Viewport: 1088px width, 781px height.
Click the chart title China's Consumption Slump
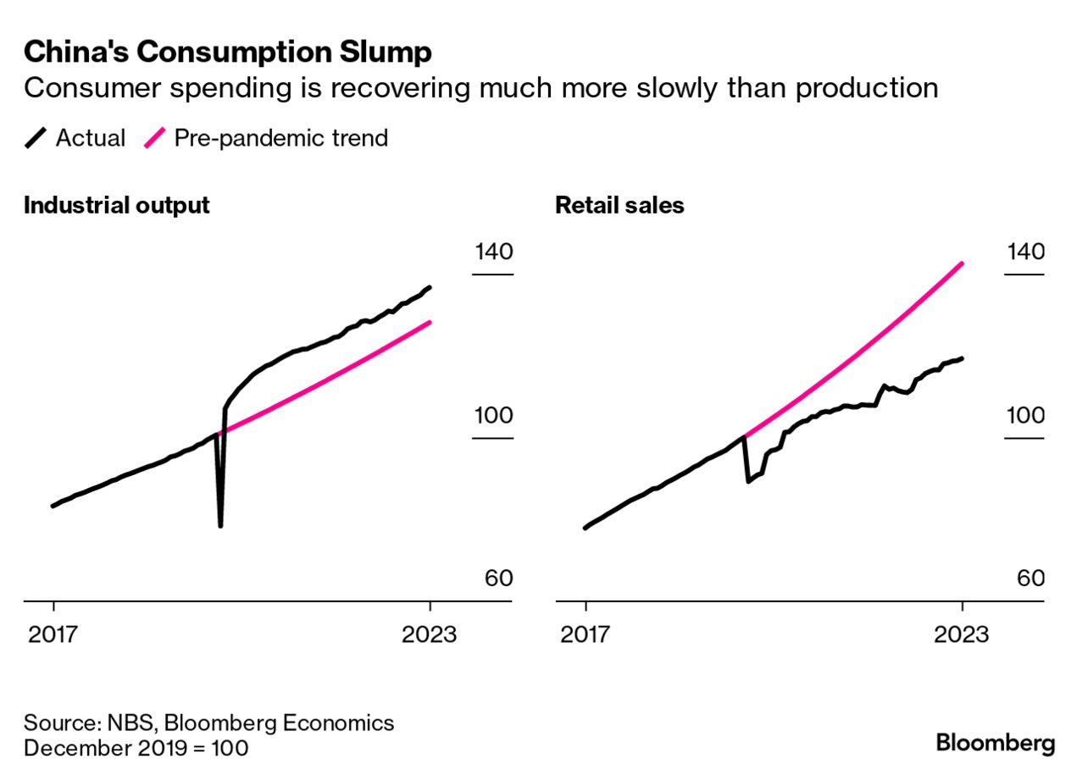(227, 53)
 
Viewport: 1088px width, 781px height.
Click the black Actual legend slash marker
(36, 138)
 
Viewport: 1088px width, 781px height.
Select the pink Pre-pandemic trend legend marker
(154, 138)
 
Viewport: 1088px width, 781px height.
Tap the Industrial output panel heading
(116, 206)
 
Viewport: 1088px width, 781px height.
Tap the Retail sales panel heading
(619, 206)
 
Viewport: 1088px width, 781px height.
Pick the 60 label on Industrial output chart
(498, 579)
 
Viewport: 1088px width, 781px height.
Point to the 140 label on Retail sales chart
(1024, 252)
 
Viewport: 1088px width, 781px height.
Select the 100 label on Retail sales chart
(1024, 416)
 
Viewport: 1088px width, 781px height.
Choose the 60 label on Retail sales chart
(1030, 579)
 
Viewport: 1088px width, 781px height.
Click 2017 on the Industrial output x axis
(54, 634)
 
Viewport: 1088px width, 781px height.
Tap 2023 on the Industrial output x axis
(430, 634)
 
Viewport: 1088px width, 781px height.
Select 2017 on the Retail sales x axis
(586, 634)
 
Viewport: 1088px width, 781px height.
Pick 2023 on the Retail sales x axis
(962, 634)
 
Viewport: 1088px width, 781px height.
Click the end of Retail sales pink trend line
(962, 263)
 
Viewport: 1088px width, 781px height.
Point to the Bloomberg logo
(996, 744)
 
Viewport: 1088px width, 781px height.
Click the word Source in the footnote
(62, 723)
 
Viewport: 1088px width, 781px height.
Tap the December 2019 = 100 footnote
(136, 749)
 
